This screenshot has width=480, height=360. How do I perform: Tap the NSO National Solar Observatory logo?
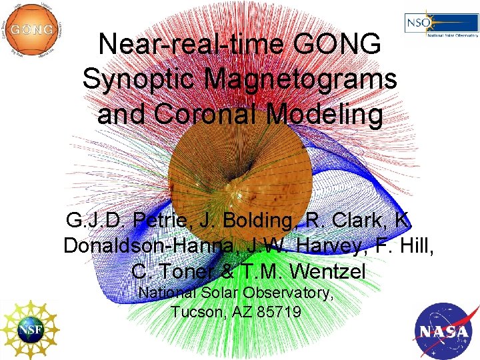(441, 25)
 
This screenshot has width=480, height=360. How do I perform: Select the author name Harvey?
(337, 245)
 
